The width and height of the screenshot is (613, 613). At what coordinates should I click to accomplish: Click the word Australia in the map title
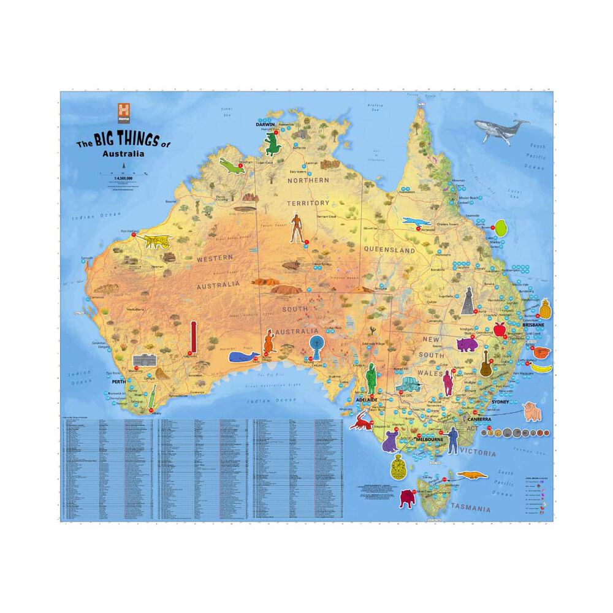[124, 154]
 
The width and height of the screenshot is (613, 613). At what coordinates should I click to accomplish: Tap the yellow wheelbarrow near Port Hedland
[158, 241]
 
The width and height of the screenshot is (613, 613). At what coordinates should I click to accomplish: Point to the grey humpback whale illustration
[501, 130]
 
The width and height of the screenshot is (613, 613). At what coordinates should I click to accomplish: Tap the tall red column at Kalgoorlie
[193, 337]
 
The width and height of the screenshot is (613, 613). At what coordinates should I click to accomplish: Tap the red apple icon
[499, 329]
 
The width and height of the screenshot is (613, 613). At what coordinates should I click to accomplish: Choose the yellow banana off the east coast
[541, 367]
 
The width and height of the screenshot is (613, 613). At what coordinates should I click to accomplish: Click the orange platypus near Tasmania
[474, 476]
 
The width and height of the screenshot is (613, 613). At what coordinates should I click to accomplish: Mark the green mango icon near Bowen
[501, 228]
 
